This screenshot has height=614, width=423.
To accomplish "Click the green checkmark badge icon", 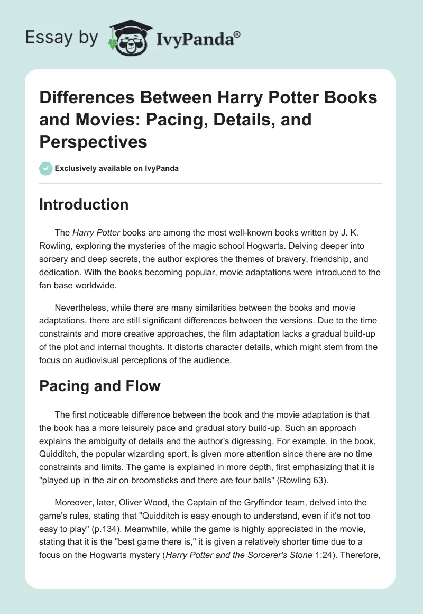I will click(x=46, y=168).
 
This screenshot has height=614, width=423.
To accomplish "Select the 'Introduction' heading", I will click(x=84, y=205).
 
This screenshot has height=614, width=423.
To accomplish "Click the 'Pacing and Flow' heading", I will click(x=99, y=386).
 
